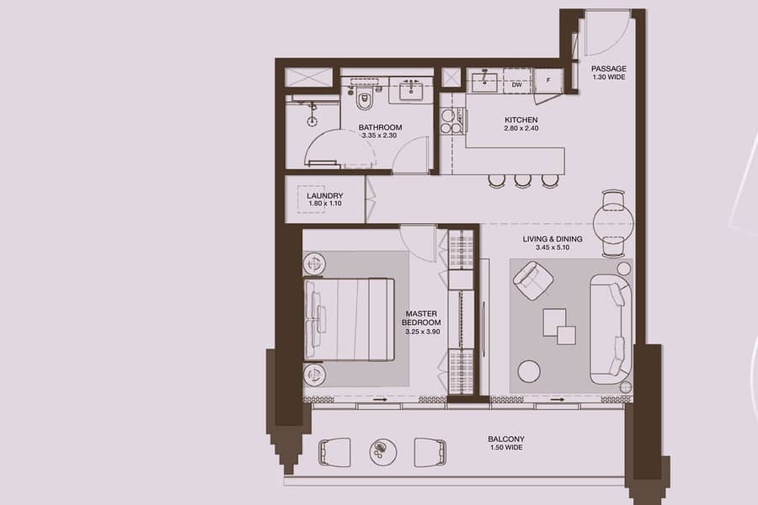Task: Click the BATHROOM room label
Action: click(x=380, y=128)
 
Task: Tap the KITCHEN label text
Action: click(x=521, y=120)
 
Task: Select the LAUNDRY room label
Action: click(x=325, y=196)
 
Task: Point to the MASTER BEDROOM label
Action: click(x=422, y=318)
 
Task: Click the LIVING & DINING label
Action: click(x=552, y=239)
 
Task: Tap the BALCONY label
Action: click(x=506, y=439)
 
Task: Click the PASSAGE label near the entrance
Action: click(x=609, y=69)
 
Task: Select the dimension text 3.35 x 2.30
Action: click(x=380, y=136)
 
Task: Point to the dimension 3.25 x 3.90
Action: click(x=423, y=332)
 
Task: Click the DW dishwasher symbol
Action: click(x=517, y=84)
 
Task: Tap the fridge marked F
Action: click(x=548, y=80)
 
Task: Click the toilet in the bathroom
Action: click(x=364, y=99)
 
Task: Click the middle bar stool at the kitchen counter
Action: click(x=522, y=180)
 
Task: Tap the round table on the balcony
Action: click(x=383, y=452)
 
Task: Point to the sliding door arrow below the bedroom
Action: click(x=380, y=400)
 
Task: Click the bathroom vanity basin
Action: click(x=411, y=90)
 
